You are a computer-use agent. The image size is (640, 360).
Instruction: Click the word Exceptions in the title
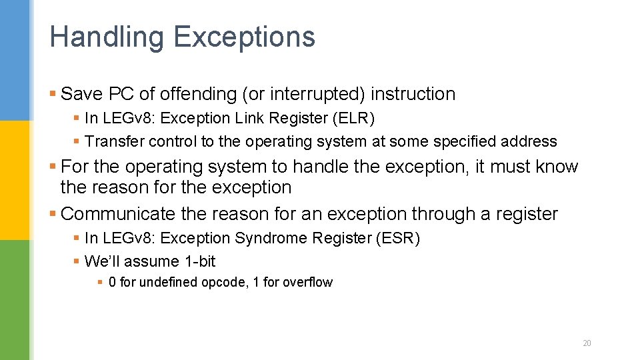(244, 37)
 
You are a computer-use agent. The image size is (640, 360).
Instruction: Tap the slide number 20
(587, 343)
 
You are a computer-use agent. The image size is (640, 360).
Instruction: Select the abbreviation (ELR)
(354, 119)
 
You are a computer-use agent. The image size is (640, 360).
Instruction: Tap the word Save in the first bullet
(79, 94)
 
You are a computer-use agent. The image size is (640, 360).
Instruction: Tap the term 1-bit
(200, 261)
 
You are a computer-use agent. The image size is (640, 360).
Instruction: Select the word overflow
(307, 282)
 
